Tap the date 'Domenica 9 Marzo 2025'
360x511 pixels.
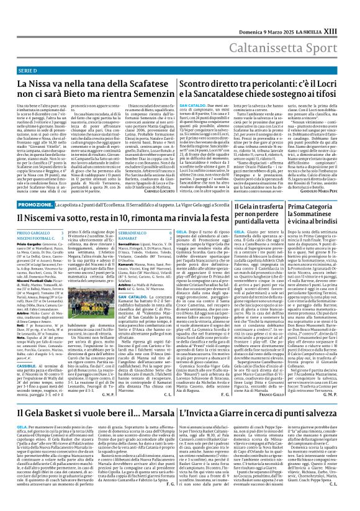[277, 31]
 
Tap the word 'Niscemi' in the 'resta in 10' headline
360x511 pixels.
[40, 218]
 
